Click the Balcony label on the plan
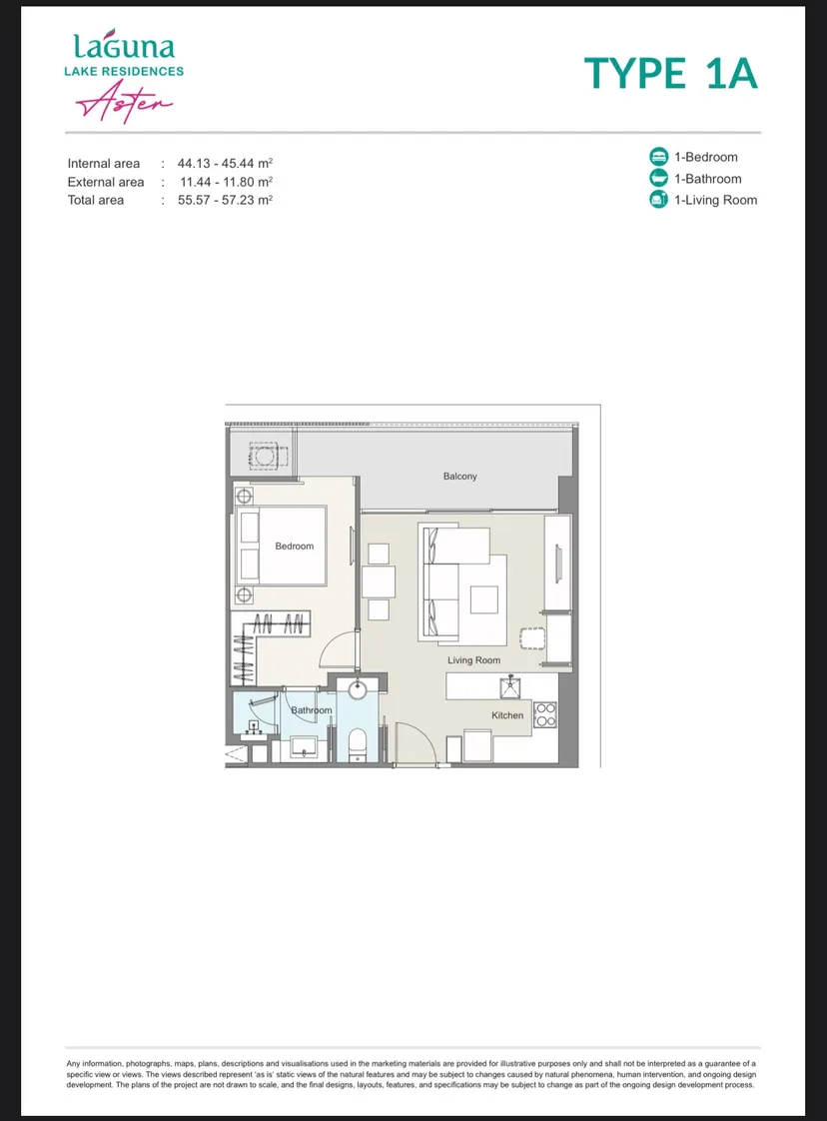tap(459, 477)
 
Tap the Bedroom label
tap(295, 547)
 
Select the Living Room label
tap(473, 660)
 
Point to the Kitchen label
tap(507, 715)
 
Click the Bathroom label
tap(311, 710)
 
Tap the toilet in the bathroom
tap(357, 743)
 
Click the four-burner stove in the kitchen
tap(545, 715)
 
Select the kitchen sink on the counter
tap(510, 687)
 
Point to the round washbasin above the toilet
tap(357, 689)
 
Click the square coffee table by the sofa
tap(483, 599)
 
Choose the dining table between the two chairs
tap(379, 581)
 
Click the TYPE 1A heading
tap(670, 74)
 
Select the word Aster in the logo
tap(125, 102)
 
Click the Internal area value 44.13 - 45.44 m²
tap(225, 163)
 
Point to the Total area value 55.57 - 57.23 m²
tap(225, 200)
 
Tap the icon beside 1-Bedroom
tap(658, 157)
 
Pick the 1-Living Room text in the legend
tap(715, 200)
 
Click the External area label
tap(106, 182)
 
